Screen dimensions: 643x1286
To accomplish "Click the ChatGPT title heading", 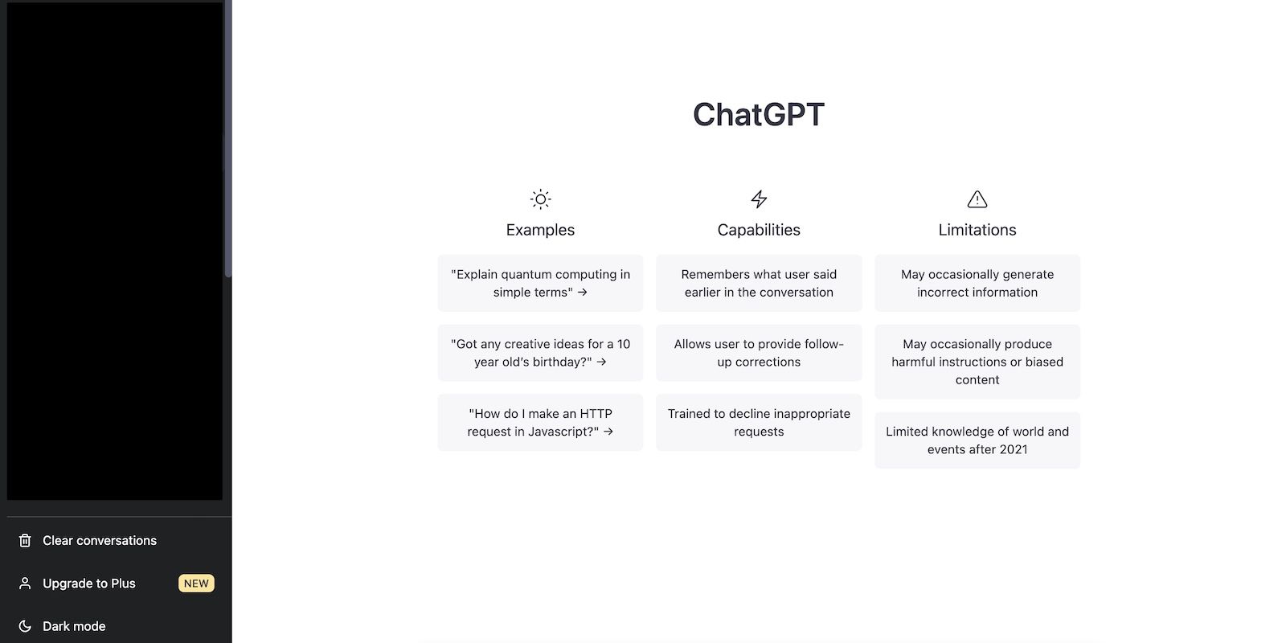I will pyautogui.click(x=759, y=115).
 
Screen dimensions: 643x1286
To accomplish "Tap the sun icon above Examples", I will pyautogui.click(x=540, y=199).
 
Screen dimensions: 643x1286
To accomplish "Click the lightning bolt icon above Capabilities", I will pyautogui.click(x=759, y=199).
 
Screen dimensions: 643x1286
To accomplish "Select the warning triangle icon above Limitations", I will pyautogui.click(x=977, y=199).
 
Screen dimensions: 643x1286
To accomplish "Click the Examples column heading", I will pyautogui.click(x=540, y=230).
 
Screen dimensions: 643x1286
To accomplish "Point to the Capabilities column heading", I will pyautogui.click(x=759, y=230).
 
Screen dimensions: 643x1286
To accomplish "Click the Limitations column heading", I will pyautogui.click(x=977, y=230).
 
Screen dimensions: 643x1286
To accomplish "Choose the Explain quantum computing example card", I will pyautogui.click(x=540, y=283).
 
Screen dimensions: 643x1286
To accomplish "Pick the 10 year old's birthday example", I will pyautogui.click(x=540, y=353).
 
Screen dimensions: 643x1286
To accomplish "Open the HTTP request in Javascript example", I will pyautogui.click(x=540, y=422).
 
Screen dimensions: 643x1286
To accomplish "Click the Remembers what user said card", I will pyautogui.click(x=759, y=283).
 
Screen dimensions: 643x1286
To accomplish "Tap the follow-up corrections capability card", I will pyautogui.click(x=759, y=353).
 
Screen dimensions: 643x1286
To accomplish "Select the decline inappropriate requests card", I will pyautogui.click(x=759, y=422).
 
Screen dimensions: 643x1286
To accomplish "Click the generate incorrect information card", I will pyautogui.click(x=977, y=283).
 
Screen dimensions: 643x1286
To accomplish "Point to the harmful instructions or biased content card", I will pyautogui.click(x=977, y=362).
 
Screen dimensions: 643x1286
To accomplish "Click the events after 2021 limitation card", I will pyautogui.click(x=977, y=440).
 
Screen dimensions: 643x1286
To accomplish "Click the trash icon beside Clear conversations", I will pyautogui.click(x=25, y=541).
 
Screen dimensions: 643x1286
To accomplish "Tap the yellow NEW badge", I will pyautogui.click(x=196, y=584).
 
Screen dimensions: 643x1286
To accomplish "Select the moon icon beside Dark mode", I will pyautogui.click(x=25, y=626).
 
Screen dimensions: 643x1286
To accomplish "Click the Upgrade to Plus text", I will pyautogui.click(x=89, y=584).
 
